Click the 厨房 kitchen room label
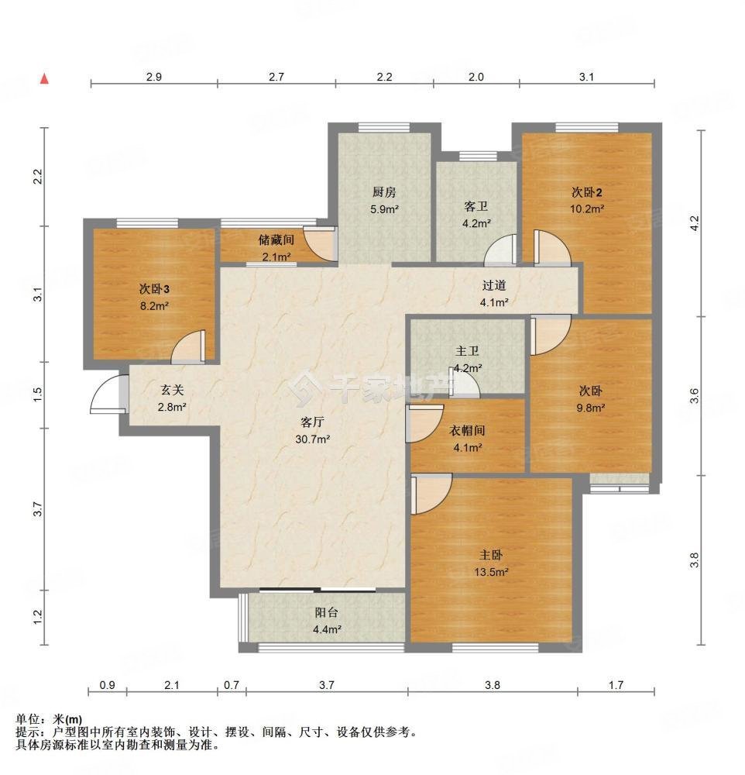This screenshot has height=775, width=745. point(384,191)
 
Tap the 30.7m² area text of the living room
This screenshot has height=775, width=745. point(313,439)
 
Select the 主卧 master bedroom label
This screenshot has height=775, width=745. point(491,555)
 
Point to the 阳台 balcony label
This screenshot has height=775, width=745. point(327,612)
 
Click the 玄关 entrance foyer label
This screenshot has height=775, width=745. point(172,391)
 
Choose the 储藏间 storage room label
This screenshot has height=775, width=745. point(276,239)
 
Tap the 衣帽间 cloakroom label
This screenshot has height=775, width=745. point(467,430)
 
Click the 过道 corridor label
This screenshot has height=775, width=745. point(494,285)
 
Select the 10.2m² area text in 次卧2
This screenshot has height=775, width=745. point(587,208)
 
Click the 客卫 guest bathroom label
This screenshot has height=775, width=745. point(475,206)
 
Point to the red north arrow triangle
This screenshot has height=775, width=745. point(44,78)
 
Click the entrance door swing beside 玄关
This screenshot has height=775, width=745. point(107,394)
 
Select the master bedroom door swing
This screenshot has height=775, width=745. point(431,494)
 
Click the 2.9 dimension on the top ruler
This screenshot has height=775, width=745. point(153,77)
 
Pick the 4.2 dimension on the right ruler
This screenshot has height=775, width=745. point(695,223)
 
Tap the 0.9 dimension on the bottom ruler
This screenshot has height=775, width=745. point(107,685)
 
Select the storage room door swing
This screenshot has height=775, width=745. point(320,243)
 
